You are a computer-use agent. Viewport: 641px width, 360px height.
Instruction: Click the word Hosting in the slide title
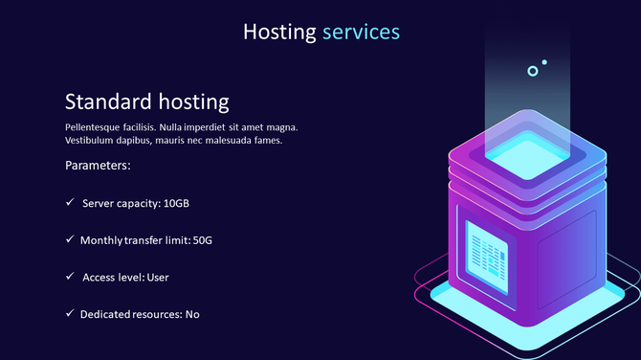[x=278, y=32]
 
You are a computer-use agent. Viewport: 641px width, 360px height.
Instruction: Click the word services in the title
[x=361, y=32]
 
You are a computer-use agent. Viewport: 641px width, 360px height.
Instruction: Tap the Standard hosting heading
[x=146, y=101]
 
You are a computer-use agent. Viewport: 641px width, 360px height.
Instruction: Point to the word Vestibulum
[x=92, y=141]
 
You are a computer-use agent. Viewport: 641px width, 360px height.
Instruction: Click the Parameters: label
[x=98, y=166]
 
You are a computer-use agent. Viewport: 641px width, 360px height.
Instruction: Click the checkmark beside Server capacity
[x=70, y=203]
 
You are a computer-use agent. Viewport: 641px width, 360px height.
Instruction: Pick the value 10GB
[x=183, y=204]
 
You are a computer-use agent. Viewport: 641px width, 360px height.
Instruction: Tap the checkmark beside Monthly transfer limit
[x=70, y=239]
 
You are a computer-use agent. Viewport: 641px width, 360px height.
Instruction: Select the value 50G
[x=202, y=240]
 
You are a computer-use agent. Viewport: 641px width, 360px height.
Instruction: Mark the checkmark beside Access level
[x=70, y=277]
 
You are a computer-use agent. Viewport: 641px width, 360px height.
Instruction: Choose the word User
[x=158, y=278]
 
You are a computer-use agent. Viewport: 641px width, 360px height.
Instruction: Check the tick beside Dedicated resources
[x=70, y=313]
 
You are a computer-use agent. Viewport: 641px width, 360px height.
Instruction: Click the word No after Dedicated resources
[x=192, y=314]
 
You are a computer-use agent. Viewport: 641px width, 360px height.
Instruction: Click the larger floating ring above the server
[x=533, y=71]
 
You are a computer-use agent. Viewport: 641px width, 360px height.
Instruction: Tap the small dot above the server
[x=544, y=63]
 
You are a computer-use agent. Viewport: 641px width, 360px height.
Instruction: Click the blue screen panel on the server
[x=488, y=255]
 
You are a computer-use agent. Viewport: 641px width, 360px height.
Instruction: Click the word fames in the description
[x=267, y=141]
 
